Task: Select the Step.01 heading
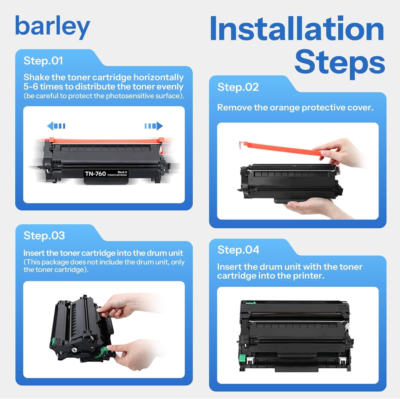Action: tap(43, 61)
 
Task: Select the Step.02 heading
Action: tap(238, 87)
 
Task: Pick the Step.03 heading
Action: tap(44, 236)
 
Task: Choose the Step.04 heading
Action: tap(238, 250)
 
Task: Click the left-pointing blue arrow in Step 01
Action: tap(56, 126)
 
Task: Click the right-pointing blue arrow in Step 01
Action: tap(154, 126)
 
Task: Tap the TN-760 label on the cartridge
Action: tap(95, 174)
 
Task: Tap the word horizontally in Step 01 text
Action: tap(158, 77)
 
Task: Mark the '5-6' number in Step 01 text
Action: tap(31, 87)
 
